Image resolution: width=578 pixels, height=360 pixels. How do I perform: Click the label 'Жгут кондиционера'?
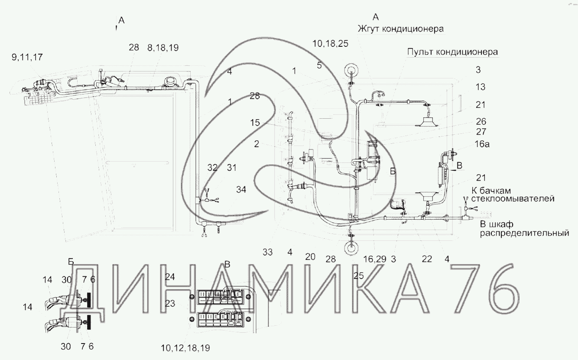click(400, 29)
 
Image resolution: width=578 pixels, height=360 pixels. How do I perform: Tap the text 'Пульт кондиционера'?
click(452, 52)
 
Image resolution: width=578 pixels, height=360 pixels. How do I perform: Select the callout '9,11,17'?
click(27, 57)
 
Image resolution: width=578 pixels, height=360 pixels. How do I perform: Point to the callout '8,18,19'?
click(163, 48)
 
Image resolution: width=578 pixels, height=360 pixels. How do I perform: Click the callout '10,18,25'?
click(330, 44)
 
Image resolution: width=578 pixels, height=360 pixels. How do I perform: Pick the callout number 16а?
click(482, 144)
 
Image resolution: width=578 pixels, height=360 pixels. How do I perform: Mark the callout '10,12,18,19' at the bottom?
click(185, 348)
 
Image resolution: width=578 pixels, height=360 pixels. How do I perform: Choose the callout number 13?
click(481, 87)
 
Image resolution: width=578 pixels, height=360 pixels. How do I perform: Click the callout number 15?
click(255, 123)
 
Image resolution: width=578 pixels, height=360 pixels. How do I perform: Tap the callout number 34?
click(241, 190)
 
